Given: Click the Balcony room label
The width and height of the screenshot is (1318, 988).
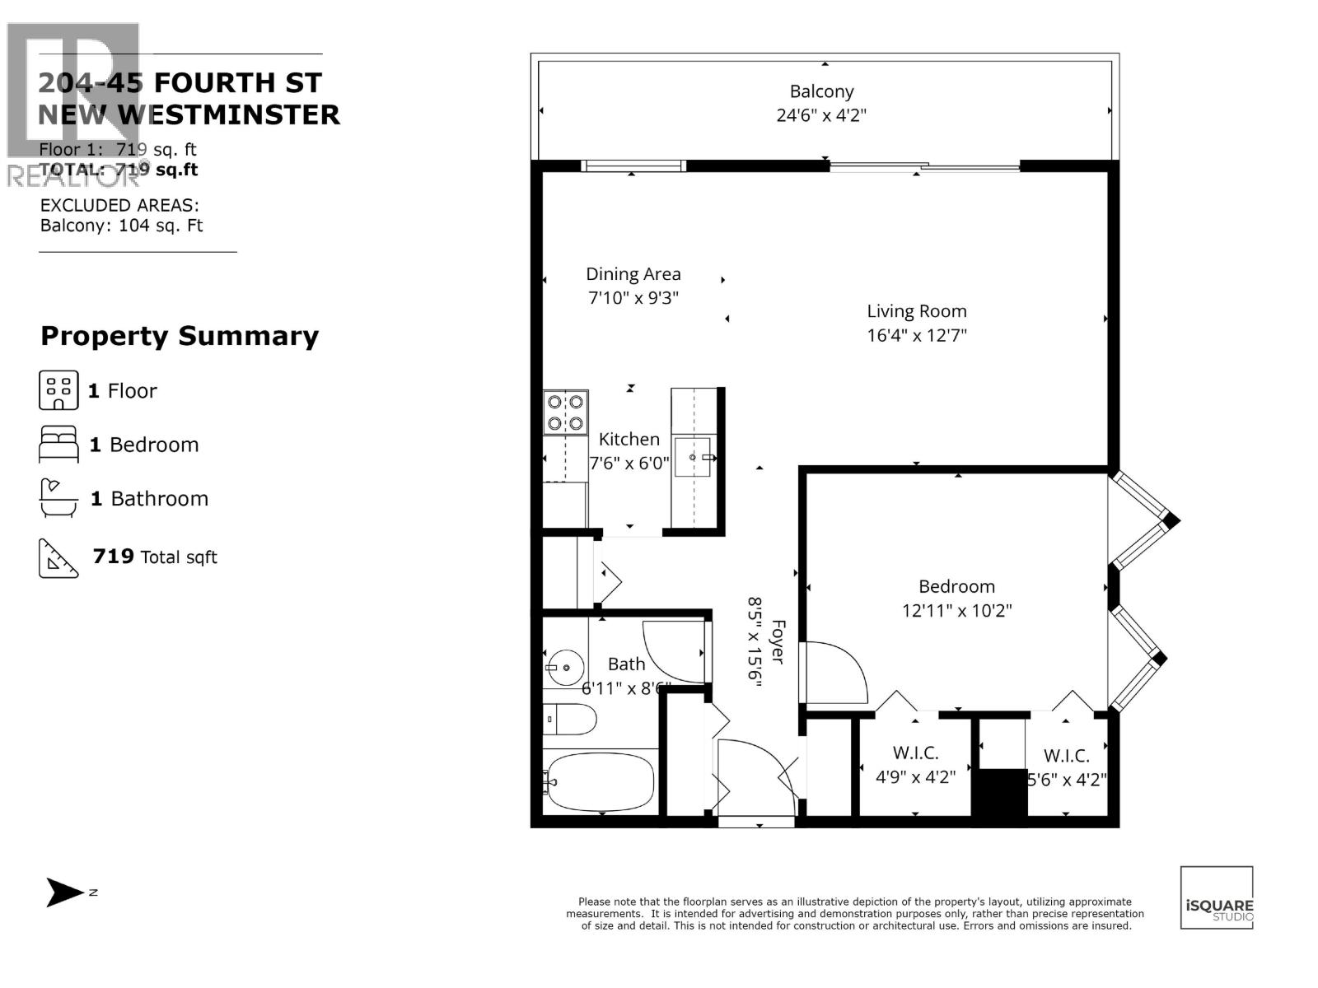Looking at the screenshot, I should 821,91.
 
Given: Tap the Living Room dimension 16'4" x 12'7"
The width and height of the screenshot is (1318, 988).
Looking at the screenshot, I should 916,335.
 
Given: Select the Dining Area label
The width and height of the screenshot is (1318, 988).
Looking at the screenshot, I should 633,274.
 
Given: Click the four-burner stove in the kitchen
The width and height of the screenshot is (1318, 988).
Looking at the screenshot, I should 565,412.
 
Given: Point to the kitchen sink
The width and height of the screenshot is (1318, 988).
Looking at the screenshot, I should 692,457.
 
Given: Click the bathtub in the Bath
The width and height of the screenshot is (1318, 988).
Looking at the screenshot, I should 600,781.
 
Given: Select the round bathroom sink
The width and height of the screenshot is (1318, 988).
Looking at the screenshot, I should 565,667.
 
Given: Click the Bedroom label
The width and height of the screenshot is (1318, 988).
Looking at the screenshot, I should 956,586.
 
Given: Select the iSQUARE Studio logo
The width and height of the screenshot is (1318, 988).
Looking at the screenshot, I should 1217,897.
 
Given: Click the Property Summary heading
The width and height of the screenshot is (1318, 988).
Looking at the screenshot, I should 180,336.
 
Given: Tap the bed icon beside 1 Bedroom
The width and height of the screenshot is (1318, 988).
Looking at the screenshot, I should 58,445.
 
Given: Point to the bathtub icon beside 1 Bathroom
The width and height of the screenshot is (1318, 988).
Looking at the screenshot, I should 58,498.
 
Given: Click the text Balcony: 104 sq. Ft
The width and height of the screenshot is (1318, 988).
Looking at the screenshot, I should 121,226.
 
